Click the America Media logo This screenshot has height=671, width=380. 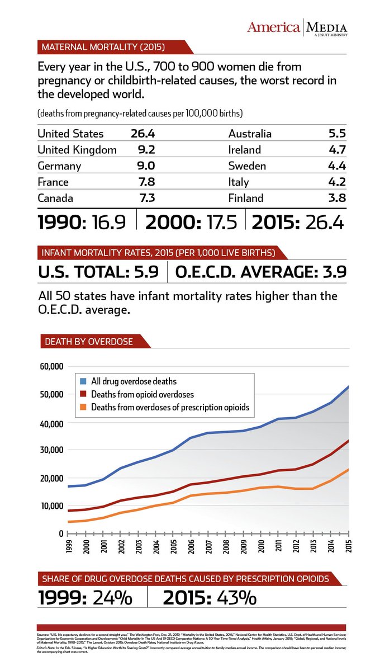[298, 27]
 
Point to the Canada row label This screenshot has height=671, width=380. [55, 198]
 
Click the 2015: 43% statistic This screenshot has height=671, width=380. [210, 598]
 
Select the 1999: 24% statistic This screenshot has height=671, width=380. [85, 598]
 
